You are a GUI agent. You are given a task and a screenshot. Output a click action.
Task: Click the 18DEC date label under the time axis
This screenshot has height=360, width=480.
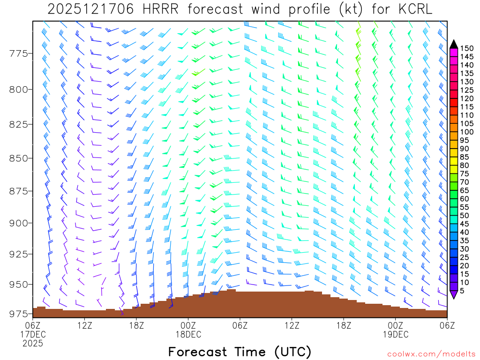188,335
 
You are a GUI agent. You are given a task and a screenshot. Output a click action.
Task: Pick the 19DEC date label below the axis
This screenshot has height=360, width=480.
396,335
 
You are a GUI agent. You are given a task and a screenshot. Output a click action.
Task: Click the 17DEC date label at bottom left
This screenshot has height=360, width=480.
33,335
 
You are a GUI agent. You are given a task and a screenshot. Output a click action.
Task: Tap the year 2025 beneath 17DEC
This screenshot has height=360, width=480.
33,344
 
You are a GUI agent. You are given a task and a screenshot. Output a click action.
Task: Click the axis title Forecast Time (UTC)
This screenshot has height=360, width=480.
240,352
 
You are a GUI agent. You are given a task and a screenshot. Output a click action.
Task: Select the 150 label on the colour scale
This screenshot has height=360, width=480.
467,48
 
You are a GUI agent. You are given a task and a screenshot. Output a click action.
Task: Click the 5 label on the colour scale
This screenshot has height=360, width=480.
462,291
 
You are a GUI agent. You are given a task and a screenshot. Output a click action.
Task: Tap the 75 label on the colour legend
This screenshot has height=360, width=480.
465,174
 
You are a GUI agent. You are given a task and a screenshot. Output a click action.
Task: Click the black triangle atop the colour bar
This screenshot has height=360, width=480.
453,44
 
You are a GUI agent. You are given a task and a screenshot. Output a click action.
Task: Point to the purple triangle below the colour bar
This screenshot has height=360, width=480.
453,294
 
